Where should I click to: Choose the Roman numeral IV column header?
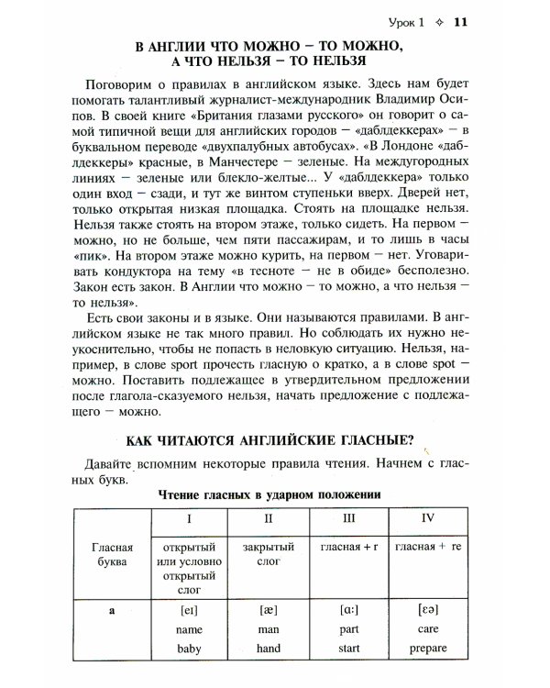coord(427,520)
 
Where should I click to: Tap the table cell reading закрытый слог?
coord(266,554)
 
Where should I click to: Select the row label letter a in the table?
coord(110,608)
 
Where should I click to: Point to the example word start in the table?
coord(349,649)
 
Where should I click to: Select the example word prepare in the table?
coord(427,649)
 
